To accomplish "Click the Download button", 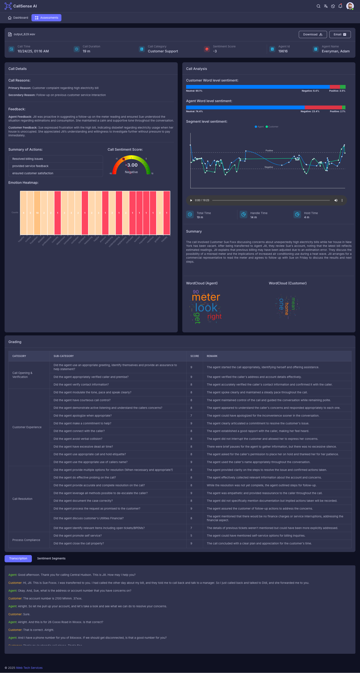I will [312, 34].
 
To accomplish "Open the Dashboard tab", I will [18, 18].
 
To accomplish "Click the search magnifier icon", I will [318, 6].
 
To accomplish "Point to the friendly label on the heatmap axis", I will [164, 239].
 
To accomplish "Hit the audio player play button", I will [191, 200].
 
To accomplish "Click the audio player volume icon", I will [336, 200].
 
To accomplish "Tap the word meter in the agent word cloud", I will [206, 297].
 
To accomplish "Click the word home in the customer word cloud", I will [287, 308].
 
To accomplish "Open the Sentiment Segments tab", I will [51, 558].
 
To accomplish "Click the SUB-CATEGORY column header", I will [63, 356].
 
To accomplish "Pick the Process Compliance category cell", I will [26, 540].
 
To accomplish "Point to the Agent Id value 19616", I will [283, 51].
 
